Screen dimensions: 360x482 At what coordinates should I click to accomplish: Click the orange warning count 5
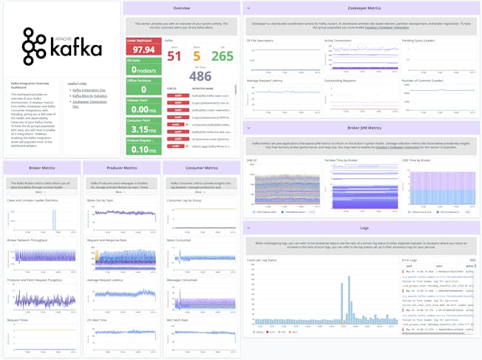[196, 55]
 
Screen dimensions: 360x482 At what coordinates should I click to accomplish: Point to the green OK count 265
[222, 55]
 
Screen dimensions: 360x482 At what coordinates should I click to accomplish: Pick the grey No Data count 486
[200, 75]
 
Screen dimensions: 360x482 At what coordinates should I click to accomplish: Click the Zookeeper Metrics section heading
[361, 7]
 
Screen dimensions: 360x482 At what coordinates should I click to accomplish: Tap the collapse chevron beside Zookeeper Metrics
[249, 7]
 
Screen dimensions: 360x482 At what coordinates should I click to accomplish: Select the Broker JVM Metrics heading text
[361, 128]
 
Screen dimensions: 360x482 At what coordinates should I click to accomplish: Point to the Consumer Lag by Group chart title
[185, 200]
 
